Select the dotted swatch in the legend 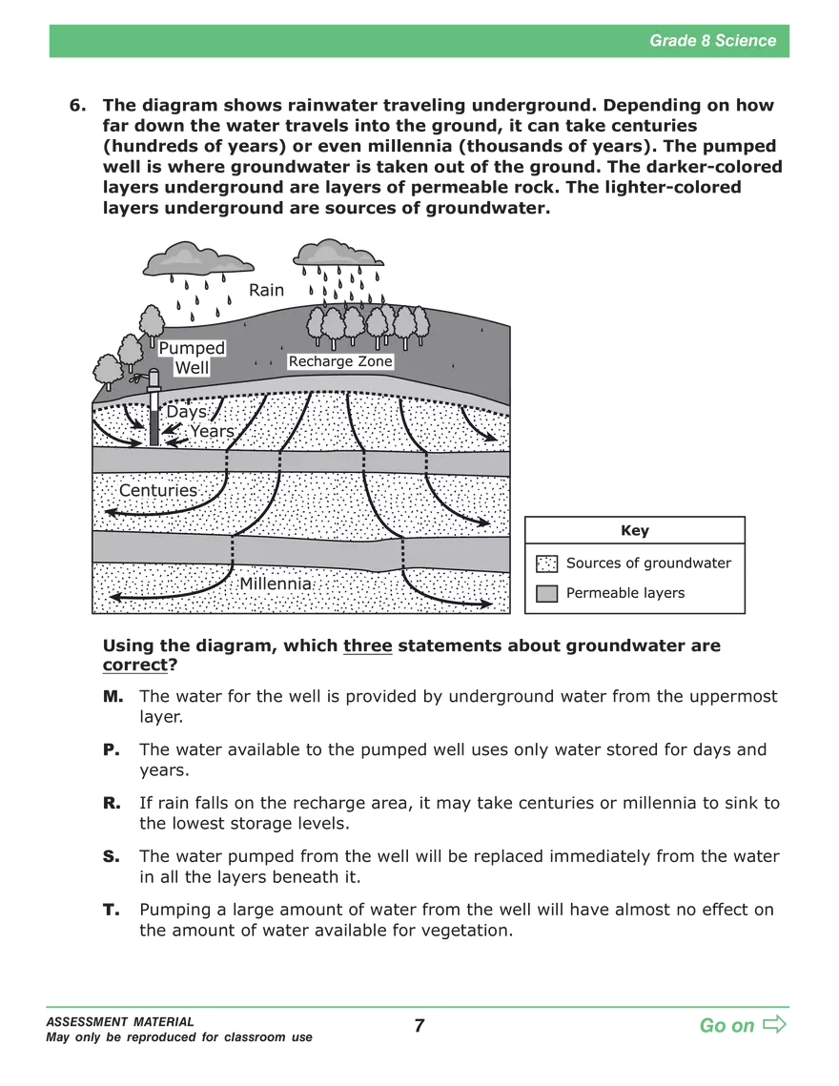pyautogui.click(x=545, y=564)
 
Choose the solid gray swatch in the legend pyautogui.click(x=545, y=594)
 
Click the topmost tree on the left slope pyautogui.click(x=153, y=322)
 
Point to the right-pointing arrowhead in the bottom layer pyautogui.click(x=486, y=604)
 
